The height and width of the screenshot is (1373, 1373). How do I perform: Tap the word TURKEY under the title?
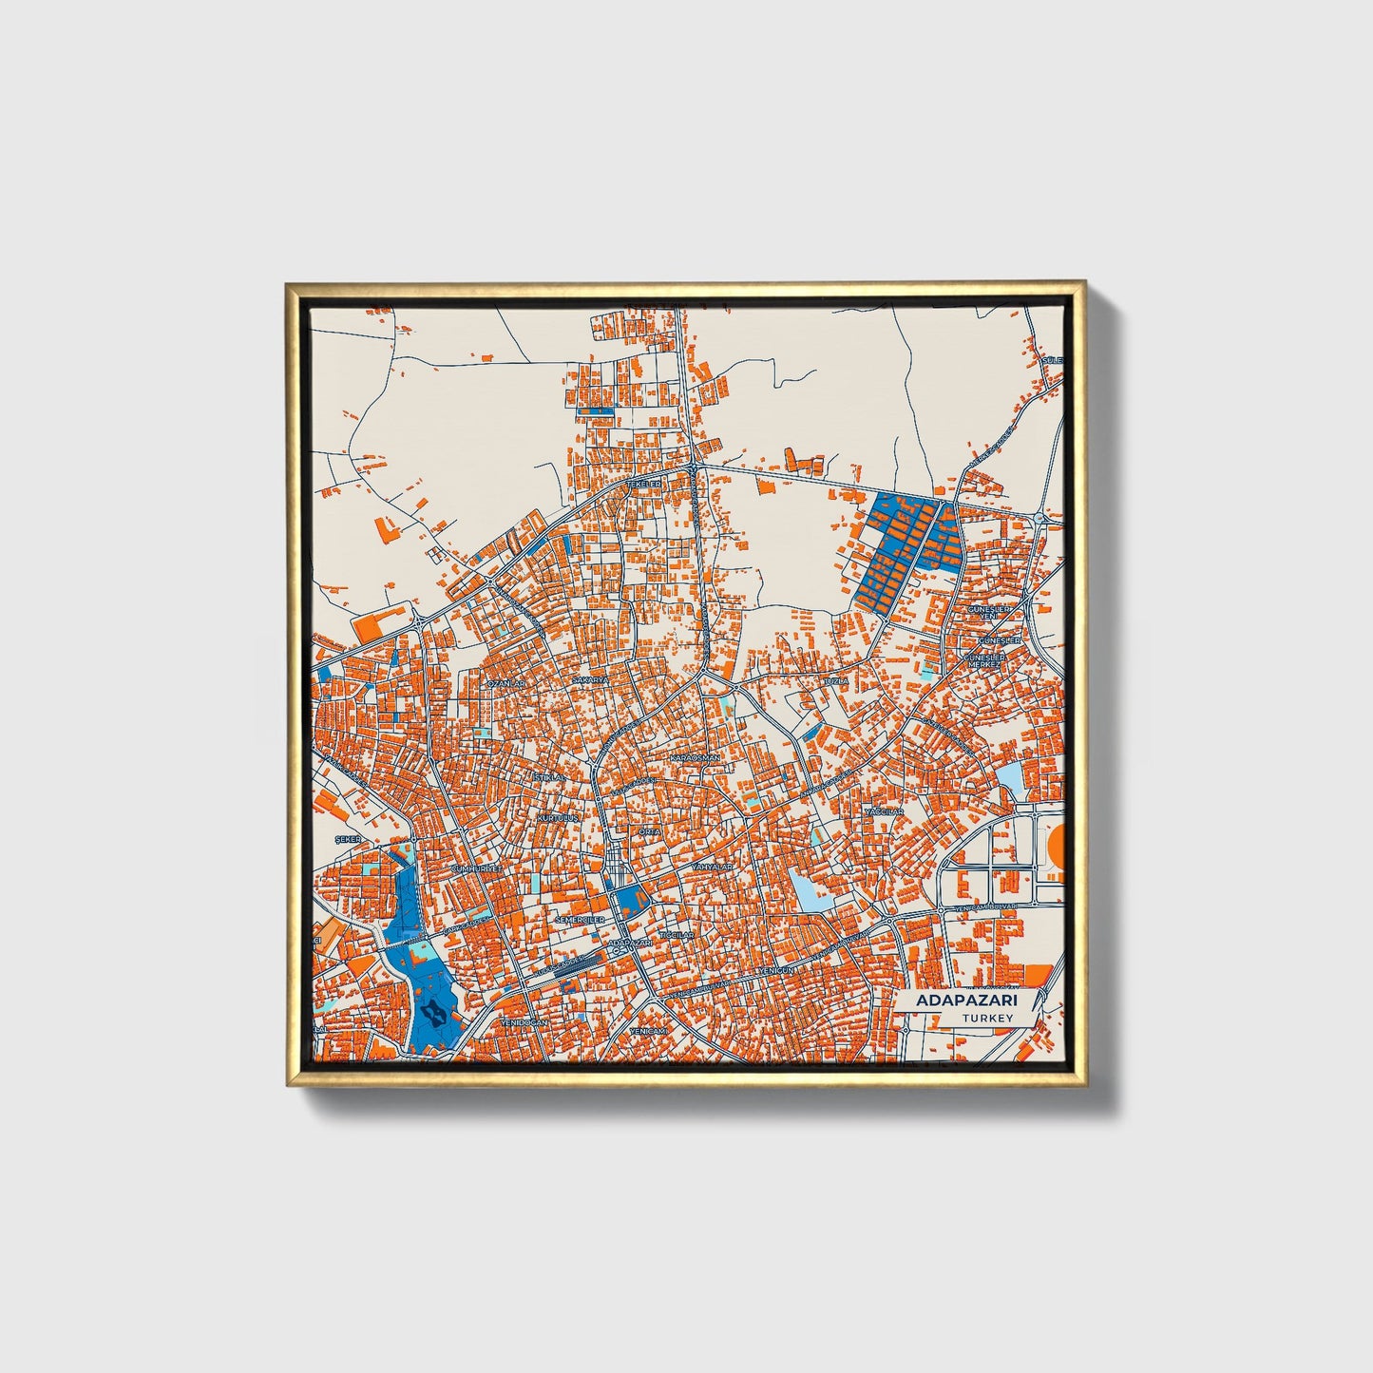[987, 1019]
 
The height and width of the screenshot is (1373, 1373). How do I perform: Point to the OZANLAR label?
[505, 682]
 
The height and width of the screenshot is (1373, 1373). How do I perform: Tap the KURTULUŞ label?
[558, 817]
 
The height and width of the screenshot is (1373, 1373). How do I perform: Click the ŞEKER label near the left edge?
[349, 840]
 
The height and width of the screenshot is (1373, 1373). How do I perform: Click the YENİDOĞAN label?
[525, 1021]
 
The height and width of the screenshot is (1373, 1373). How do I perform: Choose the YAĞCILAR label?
[884, 812]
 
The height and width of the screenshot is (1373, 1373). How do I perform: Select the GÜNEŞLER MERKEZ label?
[986, 660]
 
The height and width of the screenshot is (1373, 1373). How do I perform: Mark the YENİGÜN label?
[781, 971]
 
